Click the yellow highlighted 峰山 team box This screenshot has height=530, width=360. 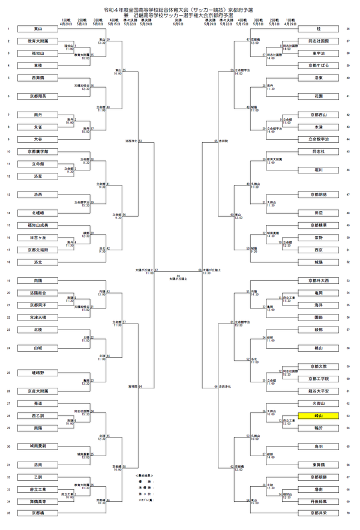click(x=318, y=415)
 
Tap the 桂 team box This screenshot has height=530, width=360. click(x=318, y=28)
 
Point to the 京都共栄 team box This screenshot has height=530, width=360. click(x=318, y=513)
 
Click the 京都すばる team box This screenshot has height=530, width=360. click(x=318, y=65)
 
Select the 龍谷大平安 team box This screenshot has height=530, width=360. click(x=318, y=391)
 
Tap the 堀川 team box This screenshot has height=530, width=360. click(x=318, y=170)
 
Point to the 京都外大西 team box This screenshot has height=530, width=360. click(x=318, y=280)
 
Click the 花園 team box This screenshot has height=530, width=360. click(x=318, y=96)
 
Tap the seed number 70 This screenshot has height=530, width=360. click(x=349, y=513)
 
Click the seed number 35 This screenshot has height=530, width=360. click(x=8, y=513)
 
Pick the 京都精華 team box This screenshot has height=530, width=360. click(x=318, y=225)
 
